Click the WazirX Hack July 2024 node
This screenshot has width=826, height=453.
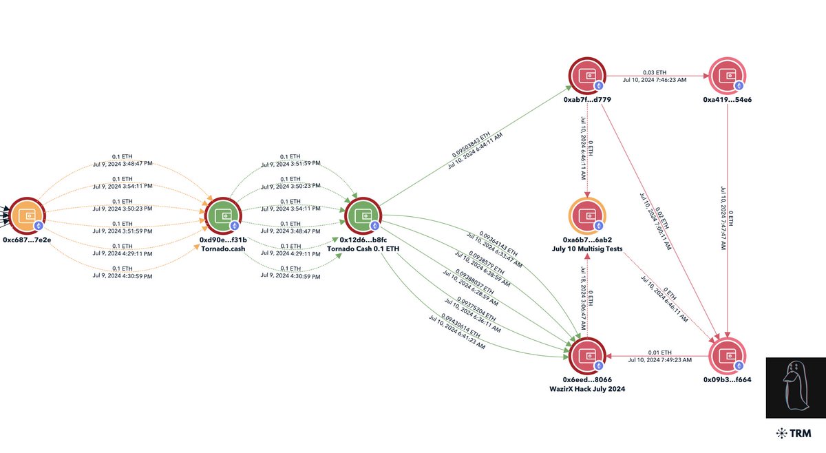[587, 356]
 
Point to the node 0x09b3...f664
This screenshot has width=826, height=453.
[727, 356]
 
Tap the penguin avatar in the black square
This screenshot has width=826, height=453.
[794, 388]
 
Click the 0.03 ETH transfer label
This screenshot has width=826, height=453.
[654, 72]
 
